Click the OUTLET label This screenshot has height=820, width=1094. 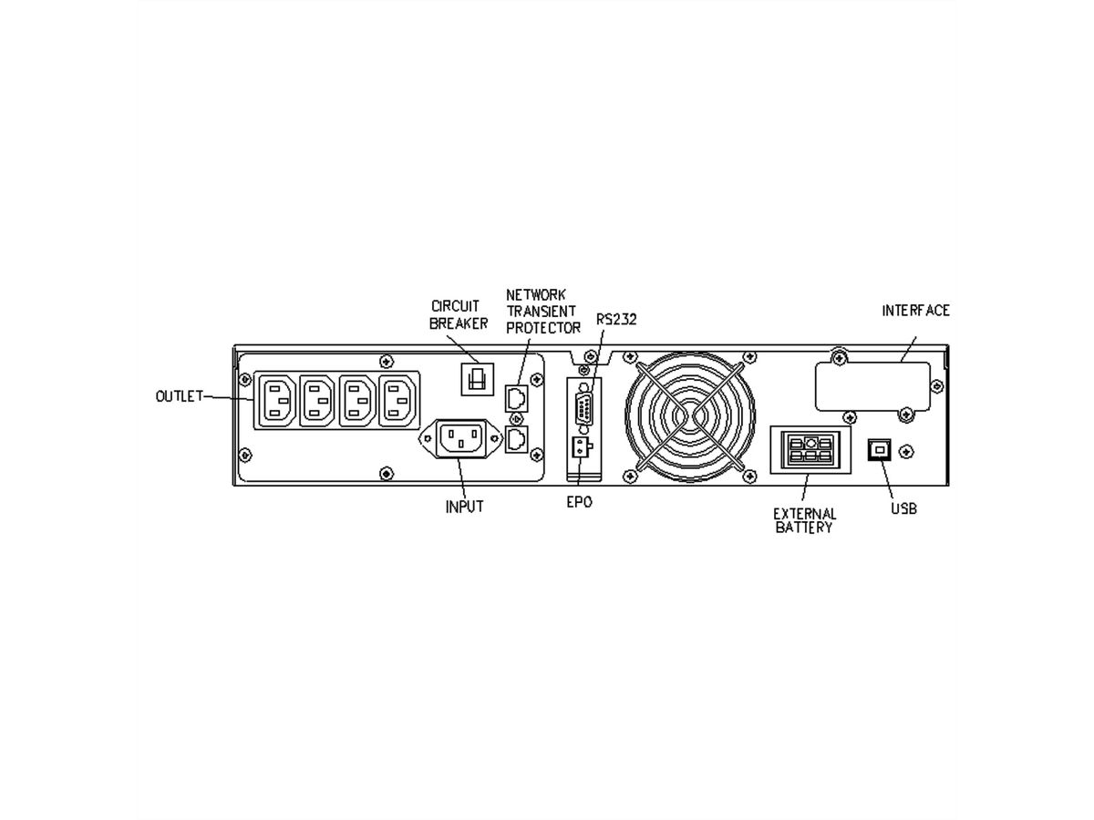(x=178, y=396)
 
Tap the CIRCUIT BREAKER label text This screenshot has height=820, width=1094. (x=459, y=316)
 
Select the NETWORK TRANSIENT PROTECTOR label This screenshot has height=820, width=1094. (x=543, y=311)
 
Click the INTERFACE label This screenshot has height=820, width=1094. (x=915, y=311)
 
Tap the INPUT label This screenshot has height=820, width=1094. (x=464, y=507)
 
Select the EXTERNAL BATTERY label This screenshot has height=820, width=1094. (x=805, y=520)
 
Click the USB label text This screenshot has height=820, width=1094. (x=903, y=508)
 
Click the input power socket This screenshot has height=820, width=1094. (x=460, y=439)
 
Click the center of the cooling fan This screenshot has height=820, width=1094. (x=691, y=417)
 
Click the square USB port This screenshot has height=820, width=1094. (x=882, y=449)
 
